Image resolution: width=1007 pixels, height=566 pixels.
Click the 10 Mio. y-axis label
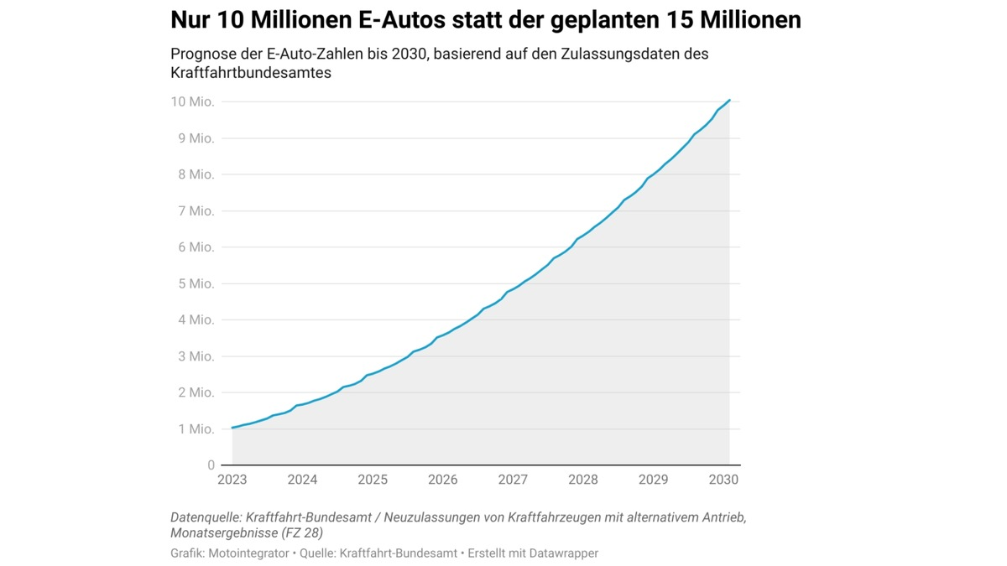pyautogui.click(x=192, y=101)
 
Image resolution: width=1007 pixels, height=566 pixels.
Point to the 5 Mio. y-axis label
pyautogui.click(x=196, y=283)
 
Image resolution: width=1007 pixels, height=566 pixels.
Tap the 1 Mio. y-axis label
pyautogui.click(x=196, y=428)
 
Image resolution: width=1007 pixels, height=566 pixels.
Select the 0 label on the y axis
pyautogui.click(x=211, y=465)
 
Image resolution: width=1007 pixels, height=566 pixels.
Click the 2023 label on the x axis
pyautogui.click(x=232, y=480)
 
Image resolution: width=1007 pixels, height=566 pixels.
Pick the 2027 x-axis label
pyautogui.click(x=513, y=480)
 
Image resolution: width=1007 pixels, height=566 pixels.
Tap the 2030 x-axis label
pyautogui.click(x=723, y=480)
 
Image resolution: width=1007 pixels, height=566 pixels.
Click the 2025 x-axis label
pyautogui.click(x=373, y=480)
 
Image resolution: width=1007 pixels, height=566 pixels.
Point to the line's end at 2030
pyautogui.click(x=730, y=101)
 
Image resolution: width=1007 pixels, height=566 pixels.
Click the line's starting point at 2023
pyautogui.click(x=232, y=428)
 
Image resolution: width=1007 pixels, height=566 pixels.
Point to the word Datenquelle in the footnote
pyautogui.click(x=206, y=517)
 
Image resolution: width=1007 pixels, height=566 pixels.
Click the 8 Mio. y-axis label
pyautogui.click(x=196, y=174)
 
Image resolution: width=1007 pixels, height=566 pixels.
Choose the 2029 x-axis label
pyautogui.click(x=653, y=480)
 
